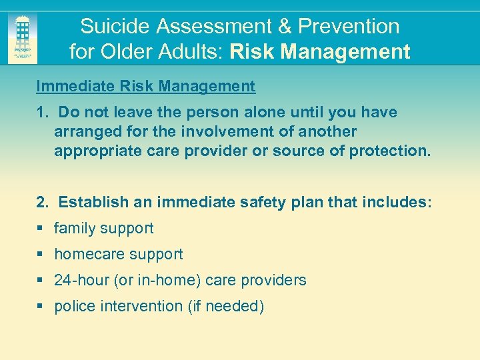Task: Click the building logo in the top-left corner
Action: point(23,39)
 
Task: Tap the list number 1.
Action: point(40,112)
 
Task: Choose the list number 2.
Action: point(41,202)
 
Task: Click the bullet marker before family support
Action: point(40,229)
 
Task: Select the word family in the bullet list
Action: point(75,228)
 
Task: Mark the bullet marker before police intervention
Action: point(40,307)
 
